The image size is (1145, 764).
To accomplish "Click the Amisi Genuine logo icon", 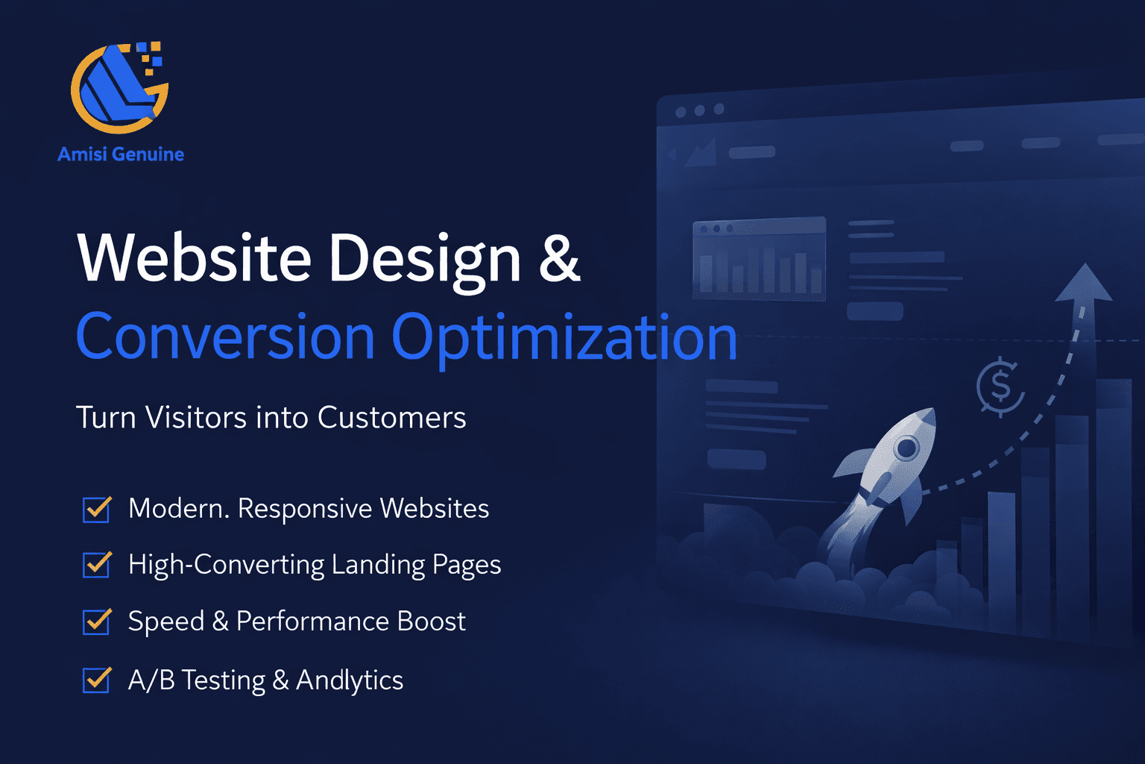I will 119,87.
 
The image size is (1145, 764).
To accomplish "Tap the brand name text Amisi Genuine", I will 121,154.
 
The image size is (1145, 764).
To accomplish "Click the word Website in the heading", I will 194,258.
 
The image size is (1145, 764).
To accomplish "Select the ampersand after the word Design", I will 558,258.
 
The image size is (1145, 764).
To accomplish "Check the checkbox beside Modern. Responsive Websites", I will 97,510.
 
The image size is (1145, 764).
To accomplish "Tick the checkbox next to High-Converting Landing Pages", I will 97,565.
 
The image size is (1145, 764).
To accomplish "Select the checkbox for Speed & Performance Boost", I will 97,621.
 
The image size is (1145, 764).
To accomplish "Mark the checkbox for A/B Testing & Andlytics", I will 97,680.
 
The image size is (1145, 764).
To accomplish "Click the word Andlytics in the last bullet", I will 350,680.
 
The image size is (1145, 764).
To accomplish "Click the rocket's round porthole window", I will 906,448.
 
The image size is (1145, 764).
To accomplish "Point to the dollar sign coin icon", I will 1000,386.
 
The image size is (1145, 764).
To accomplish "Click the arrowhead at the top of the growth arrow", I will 1084,284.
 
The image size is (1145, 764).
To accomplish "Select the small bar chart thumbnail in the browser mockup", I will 759,259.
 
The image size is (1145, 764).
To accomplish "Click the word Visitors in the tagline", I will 195,418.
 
